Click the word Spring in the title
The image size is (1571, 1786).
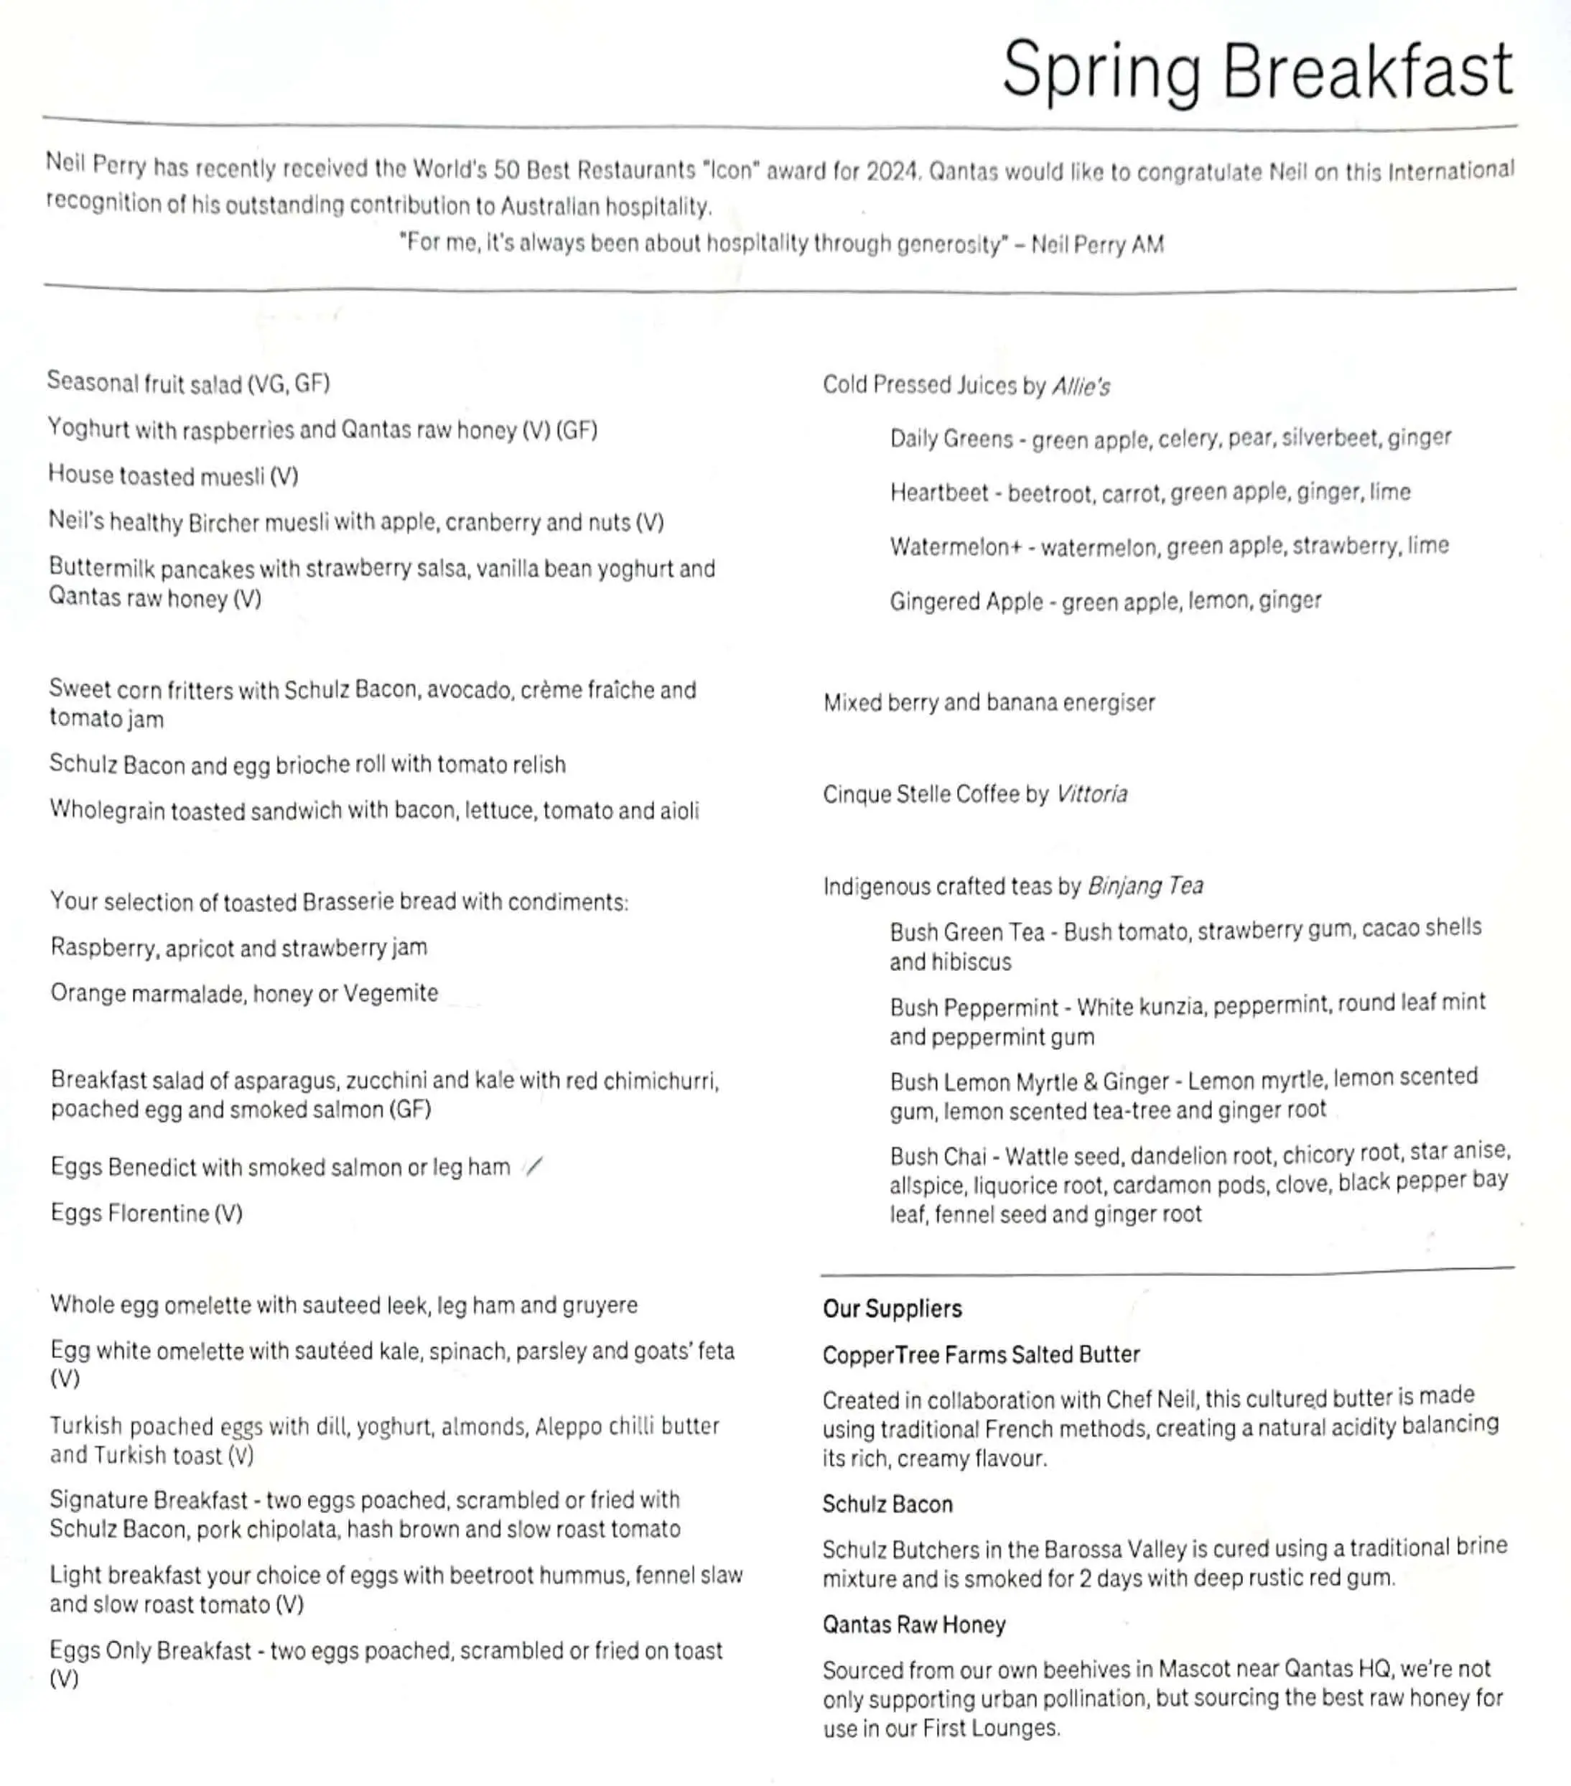[x=1101, y=72]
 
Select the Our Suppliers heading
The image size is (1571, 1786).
[x=892, y=1308]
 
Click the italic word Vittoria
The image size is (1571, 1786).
[x=1091, y=794]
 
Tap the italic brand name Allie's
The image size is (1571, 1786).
[x=1080, y=386]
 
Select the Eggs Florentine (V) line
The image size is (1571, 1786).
[x=146, y=1213]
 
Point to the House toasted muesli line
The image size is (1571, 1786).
[x=173, y=476]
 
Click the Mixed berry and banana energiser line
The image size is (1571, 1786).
[x=988, y=702]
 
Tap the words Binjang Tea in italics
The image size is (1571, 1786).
[x=1145, y=886]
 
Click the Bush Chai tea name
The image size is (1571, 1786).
[x=938, y=1156]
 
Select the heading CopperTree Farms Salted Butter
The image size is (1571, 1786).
[x=980, y=1354]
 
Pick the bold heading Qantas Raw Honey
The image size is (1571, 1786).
[x=913, y=1624]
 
